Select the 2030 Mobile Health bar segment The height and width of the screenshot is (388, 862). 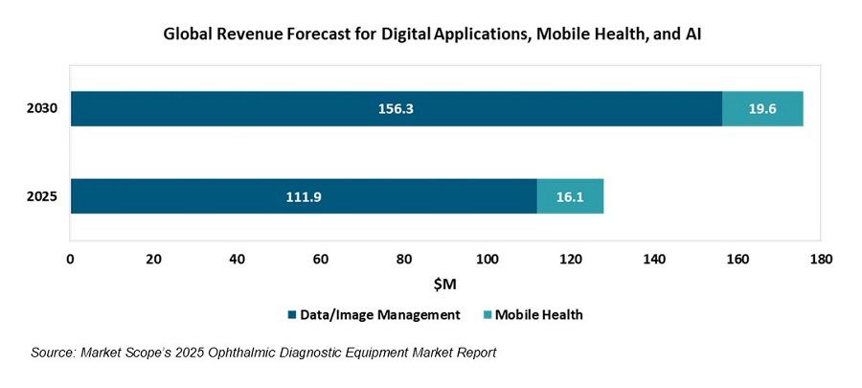pos(762,109)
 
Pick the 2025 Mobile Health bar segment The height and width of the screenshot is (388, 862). pos(570,196)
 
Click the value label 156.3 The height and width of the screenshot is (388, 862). pos(396,109)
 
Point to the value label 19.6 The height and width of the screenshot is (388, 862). pos(762,109)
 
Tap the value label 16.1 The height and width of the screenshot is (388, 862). pos(570,196)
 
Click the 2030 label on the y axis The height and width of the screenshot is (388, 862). pos(42,109)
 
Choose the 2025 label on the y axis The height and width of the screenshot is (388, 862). pos(42,196)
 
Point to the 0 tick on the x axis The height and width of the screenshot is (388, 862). pos(70,259)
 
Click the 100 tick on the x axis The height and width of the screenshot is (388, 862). pos(488,259)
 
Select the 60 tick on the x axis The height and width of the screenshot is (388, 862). pos(320,259)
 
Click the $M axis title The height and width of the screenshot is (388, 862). pos(445,285)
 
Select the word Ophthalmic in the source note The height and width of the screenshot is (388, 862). pos(269,353)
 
